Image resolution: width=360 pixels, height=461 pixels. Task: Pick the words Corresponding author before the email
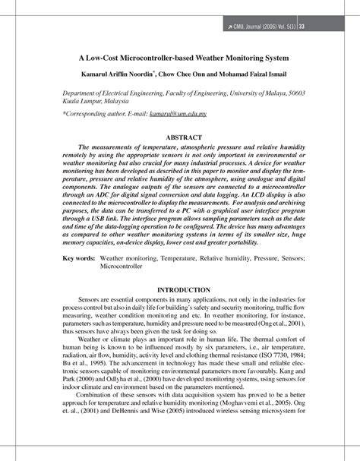pos(92,112)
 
